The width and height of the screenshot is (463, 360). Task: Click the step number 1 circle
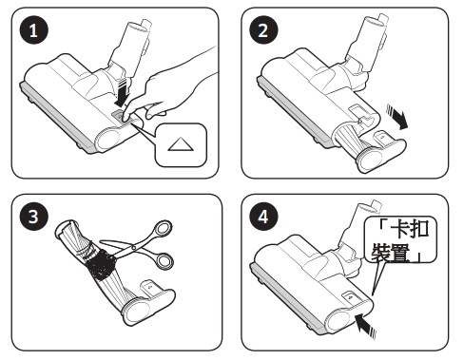33,30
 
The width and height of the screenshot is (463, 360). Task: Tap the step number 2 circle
263,30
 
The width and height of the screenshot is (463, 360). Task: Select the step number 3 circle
33,217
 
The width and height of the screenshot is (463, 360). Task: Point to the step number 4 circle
263,217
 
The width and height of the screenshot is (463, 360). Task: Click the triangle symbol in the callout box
181,144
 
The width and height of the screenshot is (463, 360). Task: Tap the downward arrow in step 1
123,93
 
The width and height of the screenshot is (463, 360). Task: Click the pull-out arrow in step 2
396,117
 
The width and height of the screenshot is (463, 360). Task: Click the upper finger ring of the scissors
163,229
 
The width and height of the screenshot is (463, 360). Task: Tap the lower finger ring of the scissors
165,260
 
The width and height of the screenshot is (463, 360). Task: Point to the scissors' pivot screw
134,247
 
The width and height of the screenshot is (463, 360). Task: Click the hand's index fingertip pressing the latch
125,117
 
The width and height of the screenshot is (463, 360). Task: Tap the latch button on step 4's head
350,297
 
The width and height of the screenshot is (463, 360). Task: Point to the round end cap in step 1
108,139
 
